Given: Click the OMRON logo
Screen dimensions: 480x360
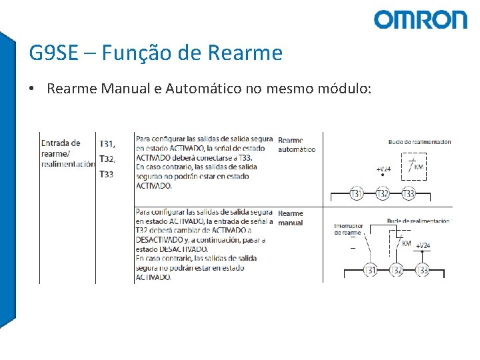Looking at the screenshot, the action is click(x=420, y=19).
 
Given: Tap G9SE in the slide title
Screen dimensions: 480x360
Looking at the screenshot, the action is click(x=53, y=52).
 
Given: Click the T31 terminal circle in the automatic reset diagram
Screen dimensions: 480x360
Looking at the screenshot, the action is click(x=357, y=193).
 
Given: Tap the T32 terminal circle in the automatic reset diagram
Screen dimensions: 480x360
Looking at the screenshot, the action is click(x=382, y=193).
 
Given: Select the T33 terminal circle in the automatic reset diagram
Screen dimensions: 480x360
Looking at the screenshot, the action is click(x=408, y=193).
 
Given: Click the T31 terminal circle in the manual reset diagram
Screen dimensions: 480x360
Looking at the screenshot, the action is click(x=371, y=270).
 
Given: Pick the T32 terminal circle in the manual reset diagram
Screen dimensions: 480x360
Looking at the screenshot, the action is click(x=396, y=270).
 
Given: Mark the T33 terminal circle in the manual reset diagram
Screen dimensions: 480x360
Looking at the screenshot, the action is click(x=422, y=270).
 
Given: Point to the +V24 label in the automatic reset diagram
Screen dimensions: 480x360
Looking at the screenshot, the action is click(x=383, y=169).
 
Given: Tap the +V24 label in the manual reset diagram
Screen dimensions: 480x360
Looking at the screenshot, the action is click(x=423, y=245).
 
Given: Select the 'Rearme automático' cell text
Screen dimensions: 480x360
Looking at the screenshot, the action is click(x=297, y=145).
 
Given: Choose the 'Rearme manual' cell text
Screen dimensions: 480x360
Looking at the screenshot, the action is click(x=291, y=218).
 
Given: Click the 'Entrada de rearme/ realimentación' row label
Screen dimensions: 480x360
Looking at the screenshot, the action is click(x=67, y=153).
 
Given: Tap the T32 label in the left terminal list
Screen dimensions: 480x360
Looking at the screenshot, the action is click(x=107, y=159).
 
